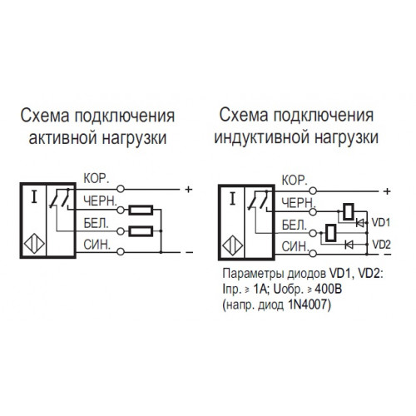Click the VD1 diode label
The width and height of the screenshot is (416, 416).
380,222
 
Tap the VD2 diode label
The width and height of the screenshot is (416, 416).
381,245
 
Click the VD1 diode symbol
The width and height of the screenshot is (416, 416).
359,222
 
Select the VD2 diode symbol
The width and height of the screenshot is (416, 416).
349,245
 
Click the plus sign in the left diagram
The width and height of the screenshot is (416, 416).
188,190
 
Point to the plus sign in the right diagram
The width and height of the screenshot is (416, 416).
387,191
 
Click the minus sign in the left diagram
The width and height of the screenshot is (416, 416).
190,252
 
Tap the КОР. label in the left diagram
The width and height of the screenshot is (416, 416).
97,179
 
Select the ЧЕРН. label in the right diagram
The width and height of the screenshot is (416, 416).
299,204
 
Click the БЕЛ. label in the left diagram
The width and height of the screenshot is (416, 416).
96,224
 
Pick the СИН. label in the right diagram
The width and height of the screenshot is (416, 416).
295,246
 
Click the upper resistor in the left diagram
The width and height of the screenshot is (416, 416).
141,210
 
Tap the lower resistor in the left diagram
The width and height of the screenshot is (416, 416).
141,231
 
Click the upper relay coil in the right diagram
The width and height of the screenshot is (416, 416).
349,212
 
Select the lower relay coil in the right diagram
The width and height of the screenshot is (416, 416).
331,232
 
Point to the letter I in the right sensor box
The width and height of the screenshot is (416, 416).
232,199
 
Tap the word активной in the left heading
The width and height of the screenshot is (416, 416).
63,138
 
